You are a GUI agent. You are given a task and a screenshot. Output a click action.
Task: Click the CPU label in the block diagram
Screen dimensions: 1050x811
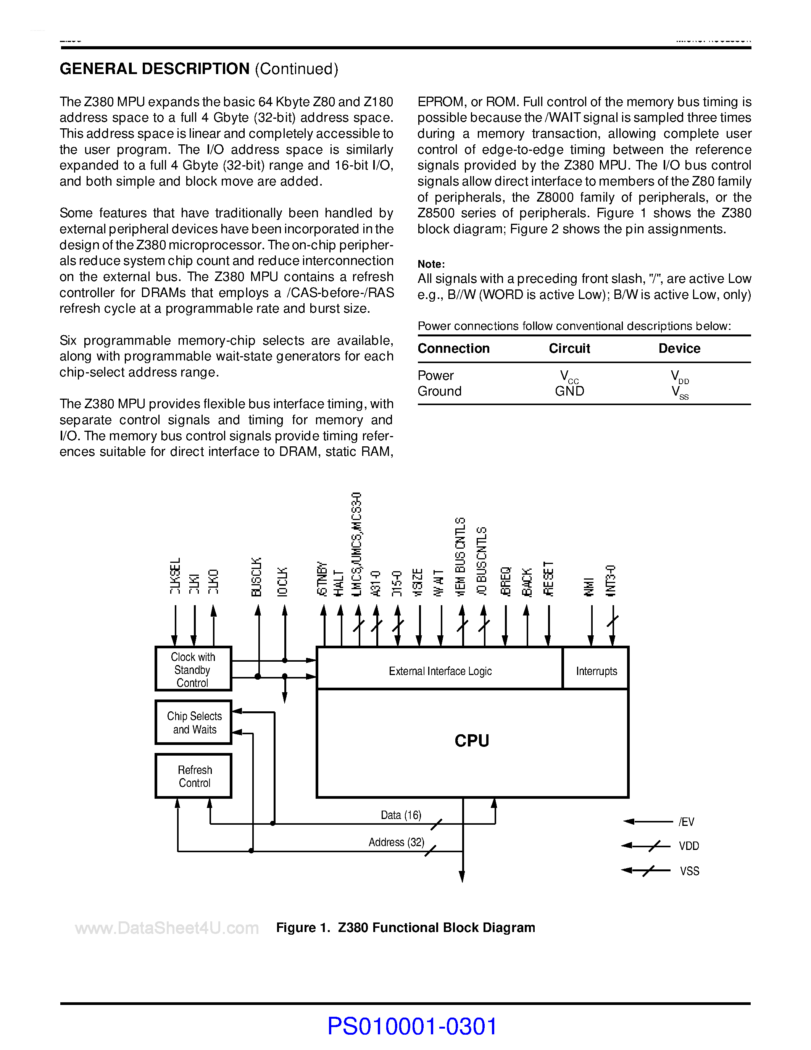472,741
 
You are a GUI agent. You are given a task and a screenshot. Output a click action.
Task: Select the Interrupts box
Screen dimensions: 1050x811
596,671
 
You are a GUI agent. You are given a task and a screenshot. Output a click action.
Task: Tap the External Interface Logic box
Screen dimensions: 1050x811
440,671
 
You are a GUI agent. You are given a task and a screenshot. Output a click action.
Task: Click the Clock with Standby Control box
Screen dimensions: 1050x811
193,669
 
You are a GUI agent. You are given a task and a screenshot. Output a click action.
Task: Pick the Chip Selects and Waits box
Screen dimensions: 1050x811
193,723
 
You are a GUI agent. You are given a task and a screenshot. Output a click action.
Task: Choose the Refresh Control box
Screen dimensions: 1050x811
193,776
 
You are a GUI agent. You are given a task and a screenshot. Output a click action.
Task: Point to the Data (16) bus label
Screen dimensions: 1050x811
401,815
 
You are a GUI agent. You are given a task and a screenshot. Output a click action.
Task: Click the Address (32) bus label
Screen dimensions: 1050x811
397,842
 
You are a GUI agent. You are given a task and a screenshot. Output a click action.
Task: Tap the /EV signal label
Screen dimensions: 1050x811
686,822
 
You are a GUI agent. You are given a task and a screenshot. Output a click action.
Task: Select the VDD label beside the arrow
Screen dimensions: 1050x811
688,846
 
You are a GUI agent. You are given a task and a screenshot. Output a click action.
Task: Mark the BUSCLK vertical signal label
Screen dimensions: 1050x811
256,577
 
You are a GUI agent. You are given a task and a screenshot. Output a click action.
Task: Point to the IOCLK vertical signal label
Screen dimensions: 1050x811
282,582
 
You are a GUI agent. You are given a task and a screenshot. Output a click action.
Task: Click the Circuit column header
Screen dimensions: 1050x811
569,348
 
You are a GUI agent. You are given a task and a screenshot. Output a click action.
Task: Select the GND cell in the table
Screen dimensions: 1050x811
569,391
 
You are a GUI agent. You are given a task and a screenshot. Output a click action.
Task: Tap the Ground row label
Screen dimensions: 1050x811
439,391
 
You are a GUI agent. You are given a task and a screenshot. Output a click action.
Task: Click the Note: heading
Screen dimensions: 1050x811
431,264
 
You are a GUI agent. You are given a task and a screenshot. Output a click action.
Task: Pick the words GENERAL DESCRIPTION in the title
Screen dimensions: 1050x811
154,69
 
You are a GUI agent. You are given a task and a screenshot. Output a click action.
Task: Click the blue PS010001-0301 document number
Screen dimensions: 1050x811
412,1026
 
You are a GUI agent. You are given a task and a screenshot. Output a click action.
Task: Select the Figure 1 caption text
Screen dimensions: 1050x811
405,927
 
